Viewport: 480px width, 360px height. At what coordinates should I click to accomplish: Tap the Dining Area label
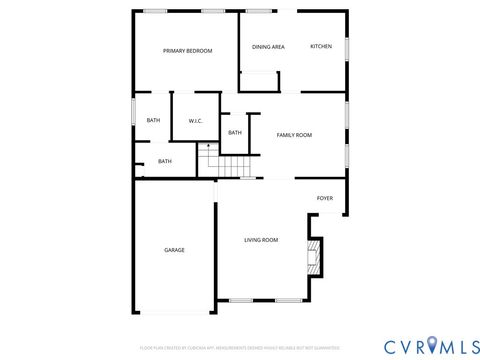click(268, 47)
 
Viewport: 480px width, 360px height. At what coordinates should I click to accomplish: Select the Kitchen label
click(321, 47)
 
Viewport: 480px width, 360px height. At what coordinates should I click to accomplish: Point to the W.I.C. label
click(196, 122)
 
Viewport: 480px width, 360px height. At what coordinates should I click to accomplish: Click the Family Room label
click(294, 135)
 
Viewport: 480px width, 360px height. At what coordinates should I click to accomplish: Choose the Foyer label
click(325, 198)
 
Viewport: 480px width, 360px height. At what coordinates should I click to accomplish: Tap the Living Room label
click(261, 240)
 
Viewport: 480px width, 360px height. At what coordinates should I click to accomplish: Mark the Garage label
click(174, 250)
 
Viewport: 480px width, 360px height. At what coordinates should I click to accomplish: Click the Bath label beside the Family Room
click(235, 132)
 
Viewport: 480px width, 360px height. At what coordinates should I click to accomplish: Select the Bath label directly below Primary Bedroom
click(153, 121)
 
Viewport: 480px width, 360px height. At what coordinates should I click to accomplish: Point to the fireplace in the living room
click(314, 256)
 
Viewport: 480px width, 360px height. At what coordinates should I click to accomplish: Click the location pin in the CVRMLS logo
click(432, 346)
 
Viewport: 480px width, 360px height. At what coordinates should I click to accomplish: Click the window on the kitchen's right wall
click(347, 47)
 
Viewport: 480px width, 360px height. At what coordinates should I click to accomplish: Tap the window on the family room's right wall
click(347, 116)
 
